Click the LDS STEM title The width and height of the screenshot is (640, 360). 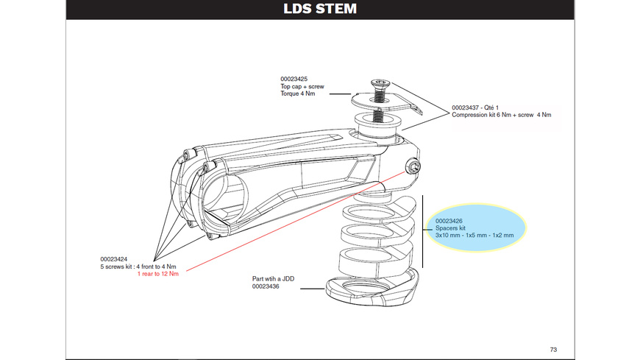320,9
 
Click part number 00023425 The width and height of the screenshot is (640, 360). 294,79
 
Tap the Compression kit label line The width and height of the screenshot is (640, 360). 501,115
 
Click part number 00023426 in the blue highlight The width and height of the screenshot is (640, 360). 449,220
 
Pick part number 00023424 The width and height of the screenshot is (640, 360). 115,258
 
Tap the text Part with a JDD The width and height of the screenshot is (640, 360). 274,279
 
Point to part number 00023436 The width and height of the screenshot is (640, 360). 266,287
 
